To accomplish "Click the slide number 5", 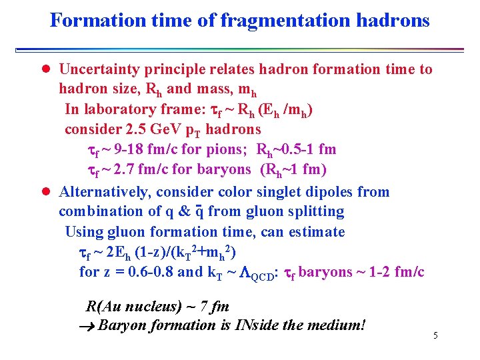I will (435, 335).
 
